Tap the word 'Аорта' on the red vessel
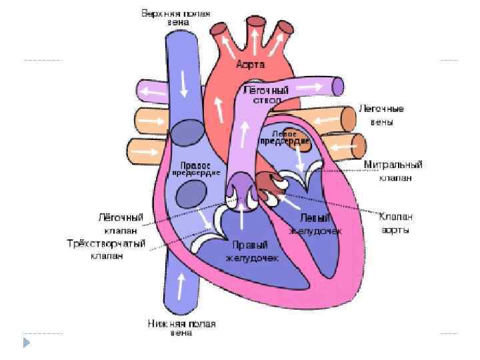click(251, 65)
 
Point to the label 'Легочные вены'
click(381, 115)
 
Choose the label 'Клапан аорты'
click(396, 223)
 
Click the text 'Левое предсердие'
click(293, 138)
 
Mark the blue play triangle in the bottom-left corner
click(27, 344)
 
